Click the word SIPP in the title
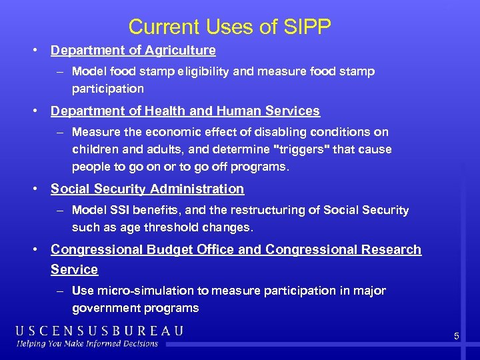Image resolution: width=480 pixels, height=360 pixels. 307,27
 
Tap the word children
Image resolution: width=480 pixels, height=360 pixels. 95,149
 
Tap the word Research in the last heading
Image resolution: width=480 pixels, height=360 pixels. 393,249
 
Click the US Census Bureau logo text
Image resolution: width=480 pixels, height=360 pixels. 100,331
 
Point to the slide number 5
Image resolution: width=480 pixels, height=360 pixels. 457,337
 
